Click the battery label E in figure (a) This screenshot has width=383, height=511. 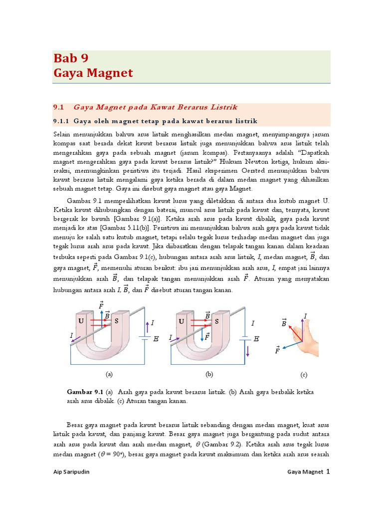click(156, 339)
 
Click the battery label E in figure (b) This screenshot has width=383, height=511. click(256, 339)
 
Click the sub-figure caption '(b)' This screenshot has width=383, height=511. click(209, 373)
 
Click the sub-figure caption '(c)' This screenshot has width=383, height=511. click(304, 375)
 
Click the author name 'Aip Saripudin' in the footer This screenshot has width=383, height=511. click(73, 472)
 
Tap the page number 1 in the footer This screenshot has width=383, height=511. click(328, 471)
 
